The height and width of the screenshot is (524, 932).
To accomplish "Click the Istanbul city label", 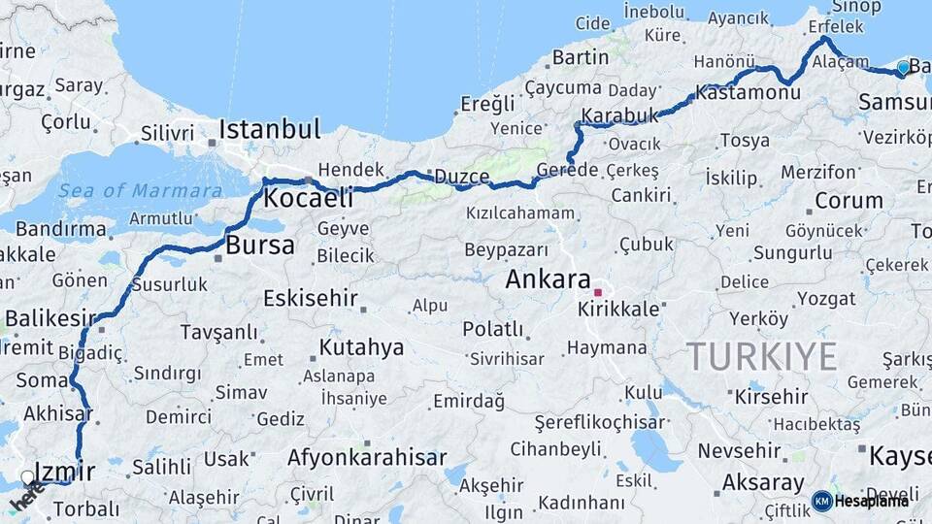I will (x=269, y=129).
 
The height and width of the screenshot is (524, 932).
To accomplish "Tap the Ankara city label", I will (x=548, y=280).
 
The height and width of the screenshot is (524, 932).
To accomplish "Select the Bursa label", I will (x=259, y=246).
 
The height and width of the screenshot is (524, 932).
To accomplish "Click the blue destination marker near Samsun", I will (x=903, y=68).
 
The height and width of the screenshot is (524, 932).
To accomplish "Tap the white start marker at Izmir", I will (x=28, y=477).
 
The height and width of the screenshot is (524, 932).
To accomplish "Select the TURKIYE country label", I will (x=761, y=357).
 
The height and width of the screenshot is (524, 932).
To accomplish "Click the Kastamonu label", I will (x=748, y=93).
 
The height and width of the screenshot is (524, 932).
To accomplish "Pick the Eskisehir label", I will (x=310, y=298).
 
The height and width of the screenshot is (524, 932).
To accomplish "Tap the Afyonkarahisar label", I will (x=367, y=457).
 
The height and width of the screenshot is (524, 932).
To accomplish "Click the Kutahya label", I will (x=361, y=347).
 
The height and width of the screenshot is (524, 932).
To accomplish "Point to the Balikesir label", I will (x=50, y=318).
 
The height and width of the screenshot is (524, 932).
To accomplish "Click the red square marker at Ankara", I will (x=599, y=291).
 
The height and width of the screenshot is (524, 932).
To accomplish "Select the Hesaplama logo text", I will (x=871, y=501).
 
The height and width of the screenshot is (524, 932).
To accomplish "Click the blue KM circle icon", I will (x=821, y=501).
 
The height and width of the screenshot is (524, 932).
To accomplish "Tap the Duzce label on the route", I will (x=460, y=177).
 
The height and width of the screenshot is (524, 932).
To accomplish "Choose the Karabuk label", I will (x=619, y=115).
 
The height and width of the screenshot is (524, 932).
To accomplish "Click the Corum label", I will (x=849, y=201).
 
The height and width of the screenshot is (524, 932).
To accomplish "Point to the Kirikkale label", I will (x=618, y=310).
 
